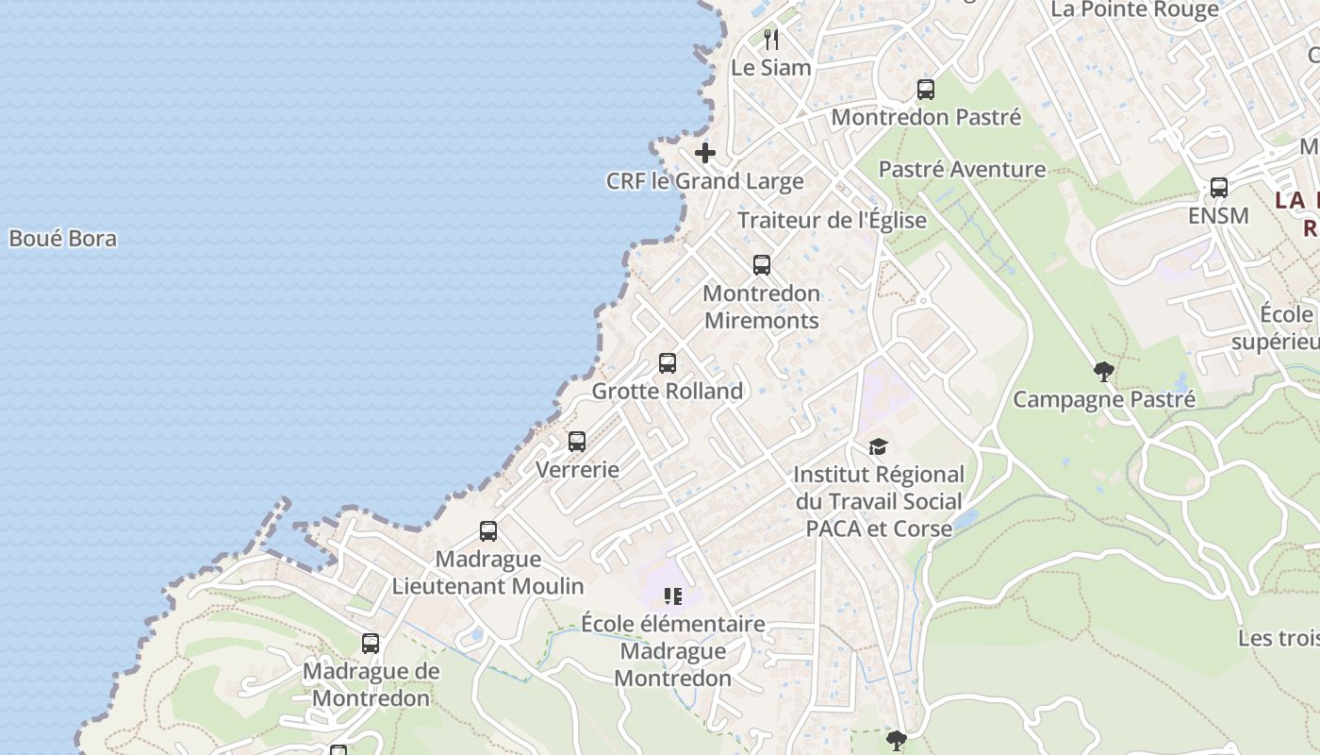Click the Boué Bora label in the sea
[63, 239]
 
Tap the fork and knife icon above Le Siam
[771, 40]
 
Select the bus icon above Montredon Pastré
[926, 91]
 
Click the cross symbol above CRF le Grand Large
[705, 153]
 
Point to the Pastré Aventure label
[962, 170]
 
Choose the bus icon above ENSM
[1219, 188]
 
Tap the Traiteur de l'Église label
[832, 221]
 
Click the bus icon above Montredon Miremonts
[762, 265]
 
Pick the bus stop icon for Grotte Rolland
[668, 363]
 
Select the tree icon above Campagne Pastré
[1103, 372]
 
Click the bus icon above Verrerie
[577, 442]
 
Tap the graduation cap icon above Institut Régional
[878, 447]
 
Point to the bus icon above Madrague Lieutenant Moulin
[488, 531]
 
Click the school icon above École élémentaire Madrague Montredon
[673, 596]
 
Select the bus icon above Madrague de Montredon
[371, 644]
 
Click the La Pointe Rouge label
[1135, 10]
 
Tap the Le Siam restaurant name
[771, 68]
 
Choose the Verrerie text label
[577, 469]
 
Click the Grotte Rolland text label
[668, 391]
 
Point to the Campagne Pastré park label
[1103, 399]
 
